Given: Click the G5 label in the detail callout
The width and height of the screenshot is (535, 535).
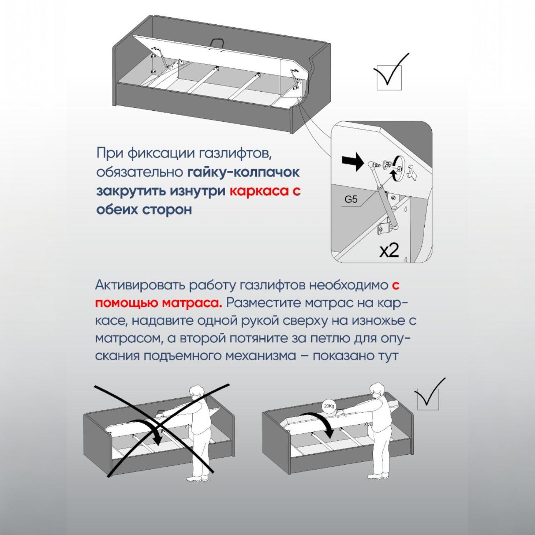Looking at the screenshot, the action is coord(351,200).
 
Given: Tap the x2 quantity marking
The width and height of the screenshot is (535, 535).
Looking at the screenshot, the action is coord(389,250).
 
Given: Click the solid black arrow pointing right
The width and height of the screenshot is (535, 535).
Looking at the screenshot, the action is coord(352,164).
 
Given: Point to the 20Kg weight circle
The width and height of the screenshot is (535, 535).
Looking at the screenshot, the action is coord(329,407).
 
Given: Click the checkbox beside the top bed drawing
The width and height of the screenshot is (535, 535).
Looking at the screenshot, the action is coord(389,78).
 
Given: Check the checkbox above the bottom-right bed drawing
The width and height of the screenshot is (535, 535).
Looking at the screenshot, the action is coord(428,399).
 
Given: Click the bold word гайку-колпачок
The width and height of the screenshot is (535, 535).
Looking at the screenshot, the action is coord(244,173).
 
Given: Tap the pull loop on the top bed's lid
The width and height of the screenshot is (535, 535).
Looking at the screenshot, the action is coord(218,43).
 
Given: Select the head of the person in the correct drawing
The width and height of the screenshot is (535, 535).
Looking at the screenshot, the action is coord(377,390).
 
